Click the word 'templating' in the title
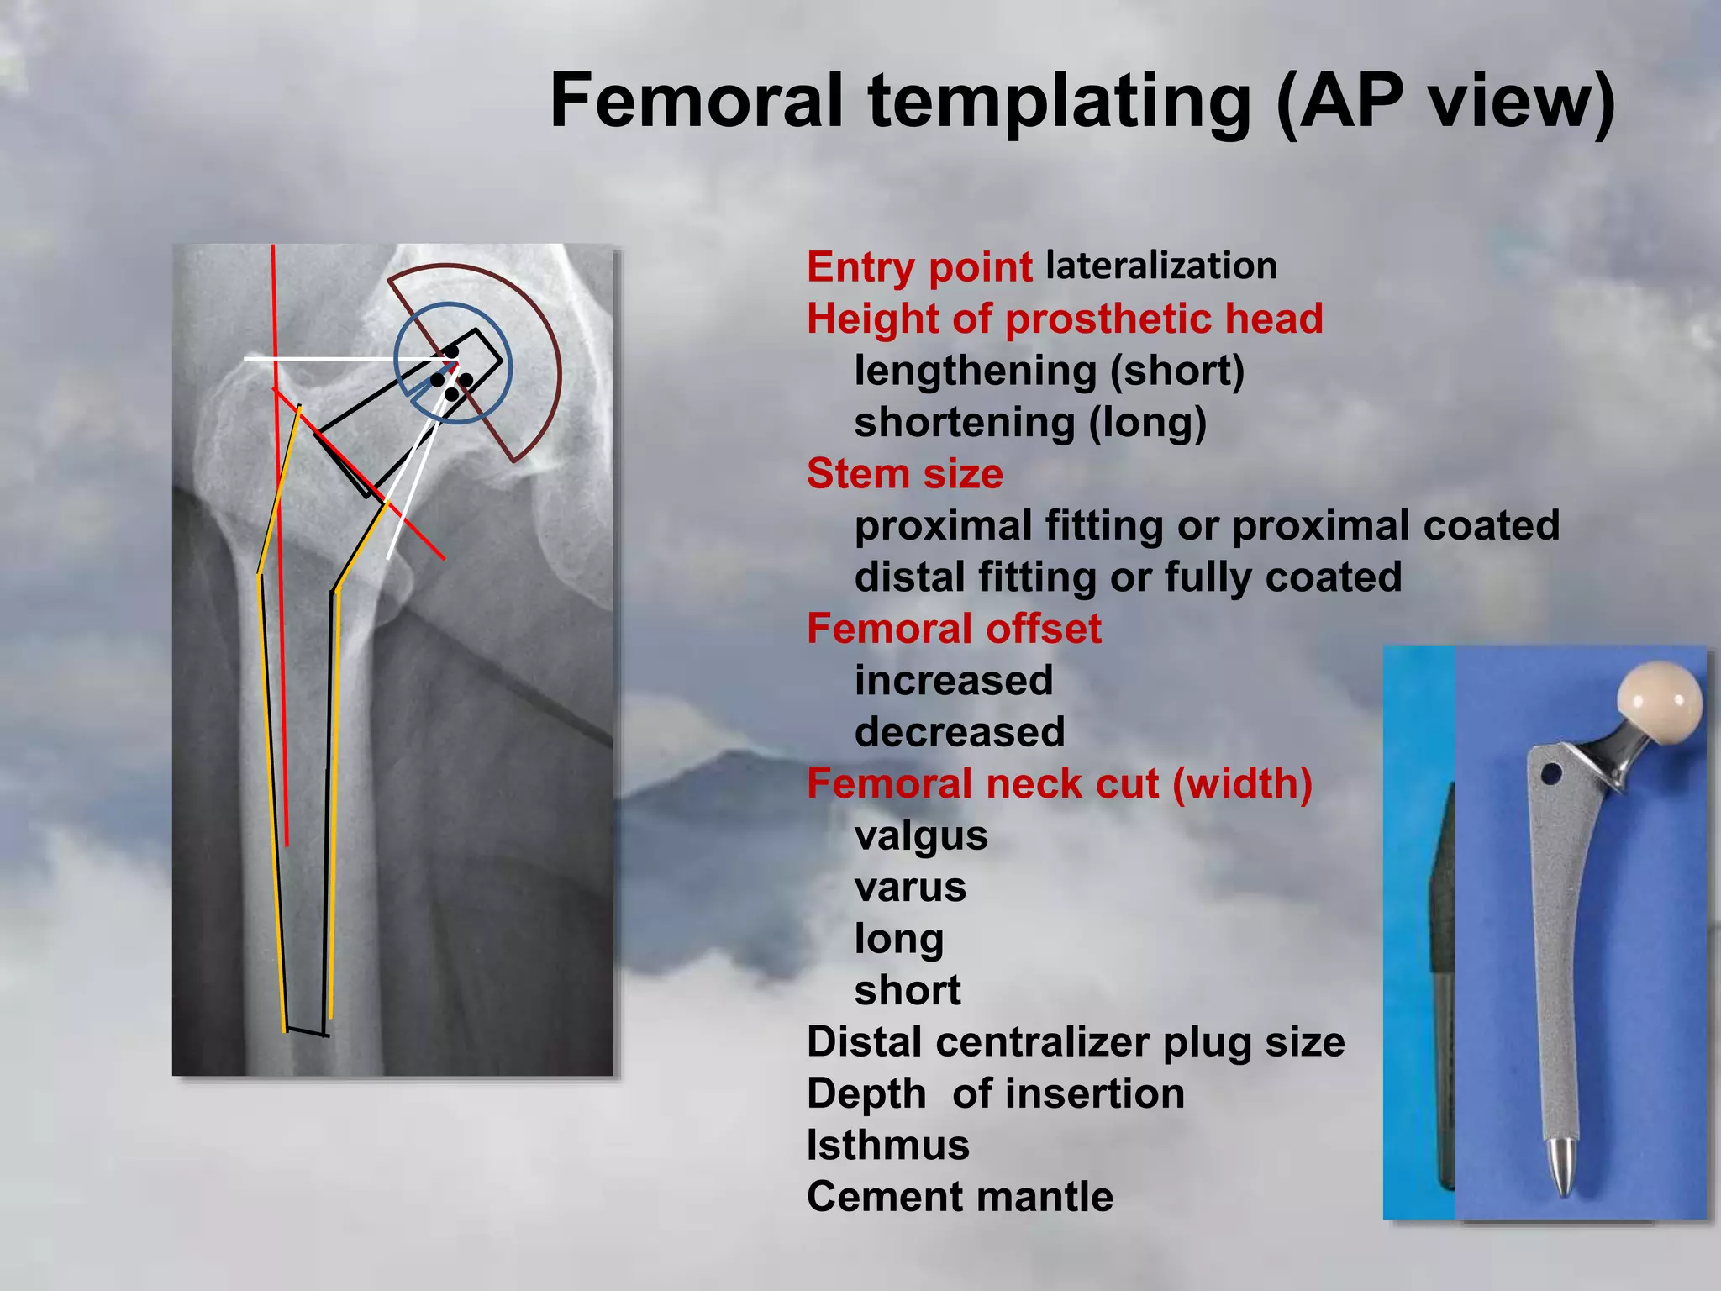[x=1060, y=101]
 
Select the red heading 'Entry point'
[x=919, y=267]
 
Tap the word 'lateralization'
[x=1161, y=266]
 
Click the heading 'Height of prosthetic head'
[x=1065, y=319]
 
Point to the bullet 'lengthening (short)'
[x=1049, y=371]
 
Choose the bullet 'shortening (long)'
[x=1030, y=422]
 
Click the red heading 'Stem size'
[x=904, y=473]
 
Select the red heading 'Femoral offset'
[x=953, y=629]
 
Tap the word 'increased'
[x=953, y=680]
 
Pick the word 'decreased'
[x=959, y=732]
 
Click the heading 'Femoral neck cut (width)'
[x=1059, y=783]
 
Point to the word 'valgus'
[x=921, y=835]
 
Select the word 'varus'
[x=910, y=887]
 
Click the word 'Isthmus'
[x=887, y=1145]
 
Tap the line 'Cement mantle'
[x=960, y=1196]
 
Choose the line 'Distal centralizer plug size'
[x=1076, y=1041]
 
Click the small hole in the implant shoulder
[x=1551, y=772]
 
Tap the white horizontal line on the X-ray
[x=336, y=359]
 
